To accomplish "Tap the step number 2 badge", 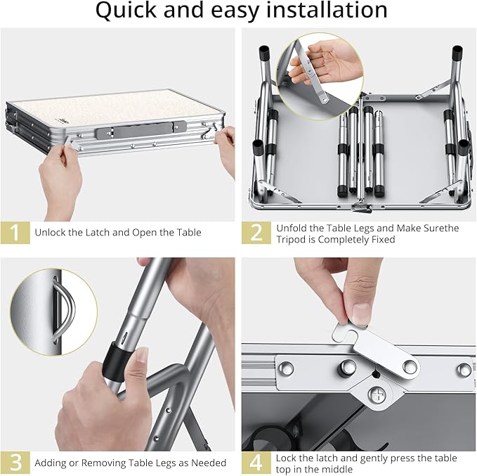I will point(256,233).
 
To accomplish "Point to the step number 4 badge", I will point(256,462).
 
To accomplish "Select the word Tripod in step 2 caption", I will point(294,240).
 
